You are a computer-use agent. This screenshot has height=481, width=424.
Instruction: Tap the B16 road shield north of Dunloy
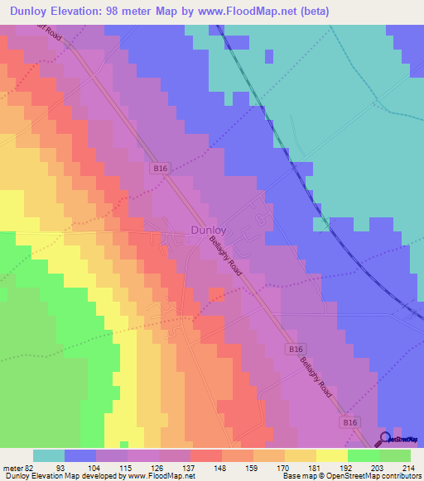tap(161, 168)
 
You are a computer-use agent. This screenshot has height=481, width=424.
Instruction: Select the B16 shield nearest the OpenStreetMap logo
tap(350, 421)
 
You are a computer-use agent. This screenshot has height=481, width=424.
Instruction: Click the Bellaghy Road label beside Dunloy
tap(224, 264)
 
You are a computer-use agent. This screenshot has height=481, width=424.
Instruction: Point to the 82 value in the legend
tap(31, 467)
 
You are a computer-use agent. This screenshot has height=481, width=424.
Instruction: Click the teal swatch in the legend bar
tap(49, 455)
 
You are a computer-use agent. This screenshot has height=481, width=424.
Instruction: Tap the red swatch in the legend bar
tap(205, 455)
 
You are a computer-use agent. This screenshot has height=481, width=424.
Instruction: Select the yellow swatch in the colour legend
tap(331, 455)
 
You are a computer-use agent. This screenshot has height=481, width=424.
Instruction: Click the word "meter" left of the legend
tap(12, 467)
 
